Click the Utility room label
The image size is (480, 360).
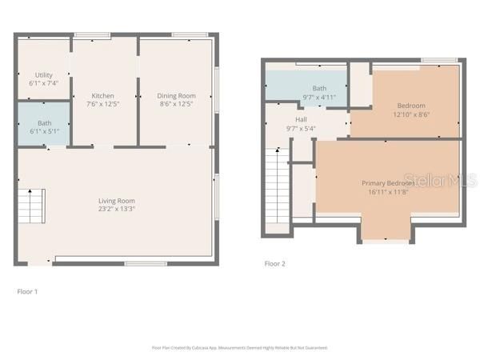click(43, 74)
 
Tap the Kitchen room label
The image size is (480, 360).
click(103, 95)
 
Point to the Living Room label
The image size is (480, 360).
click(116, 201)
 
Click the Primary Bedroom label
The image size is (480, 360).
click(388, 183)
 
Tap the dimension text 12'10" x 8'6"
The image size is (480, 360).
click(411, 114)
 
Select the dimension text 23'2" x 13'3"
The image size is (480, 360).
click(116, 210)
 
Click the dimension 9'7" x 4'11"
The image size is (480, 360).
click(319, 97)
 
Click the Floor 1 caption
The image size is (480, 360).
click(27, 292)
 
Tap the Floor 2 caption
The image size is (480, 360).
click(274, 263)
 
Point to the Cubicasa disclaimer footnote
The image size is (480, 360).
click(239, 348)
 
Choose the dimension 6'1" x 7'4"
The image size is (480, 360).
click(43, 82)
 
